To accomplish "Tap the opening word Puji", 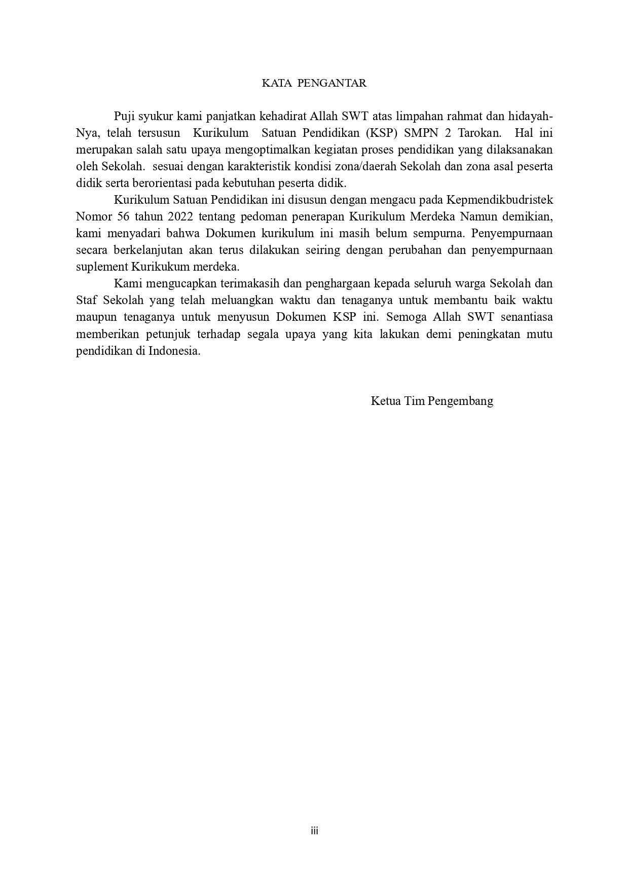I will point(124,117).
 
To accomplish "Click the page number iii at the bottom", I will point(314,831).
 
